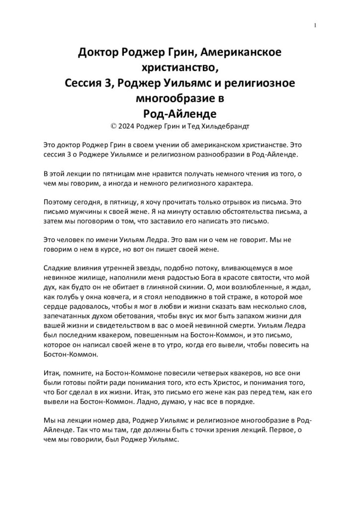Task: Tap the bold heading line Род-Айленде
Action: pos(180,112)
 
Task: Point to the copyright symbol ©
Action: pos(114,126)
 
